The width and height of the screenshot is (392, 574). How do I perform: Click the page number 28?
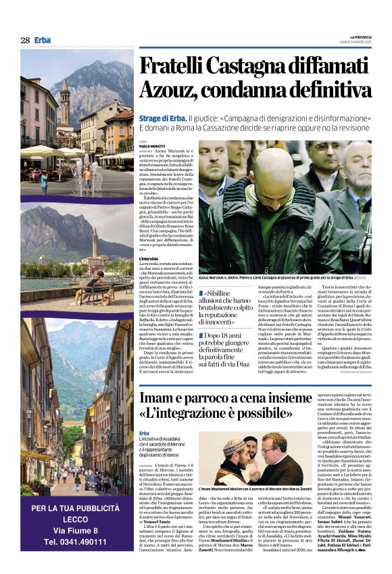tap(25, 41)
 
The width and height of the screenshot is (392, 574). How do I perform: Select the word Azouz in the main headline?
tap(168, 89)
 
